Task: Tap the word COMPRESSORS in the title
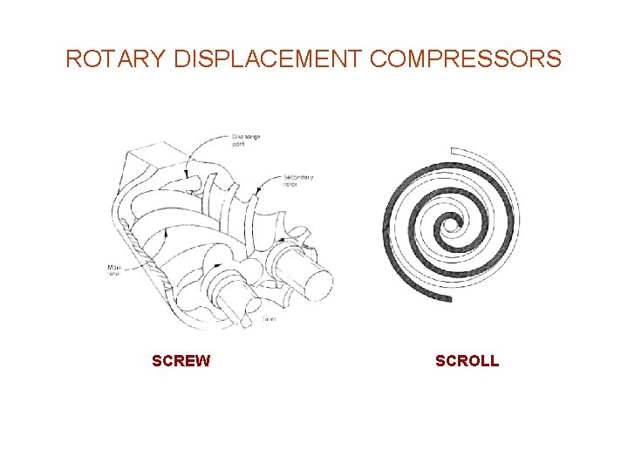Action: pyautogui.click(x=466, y=59)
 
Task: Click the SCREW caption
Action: pyautogui.click(x=181, y=361)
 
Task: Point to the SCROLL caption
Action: pyautogui.click(x=467, y=361)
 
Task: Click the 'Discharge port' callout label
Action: pyautogui.click(x=246, y=140)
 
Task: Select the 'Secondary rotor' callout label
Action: pyautogui.click(x=297, y=181)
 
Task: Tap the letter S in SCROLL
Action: pyautogui.click(x=440, y=361)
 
